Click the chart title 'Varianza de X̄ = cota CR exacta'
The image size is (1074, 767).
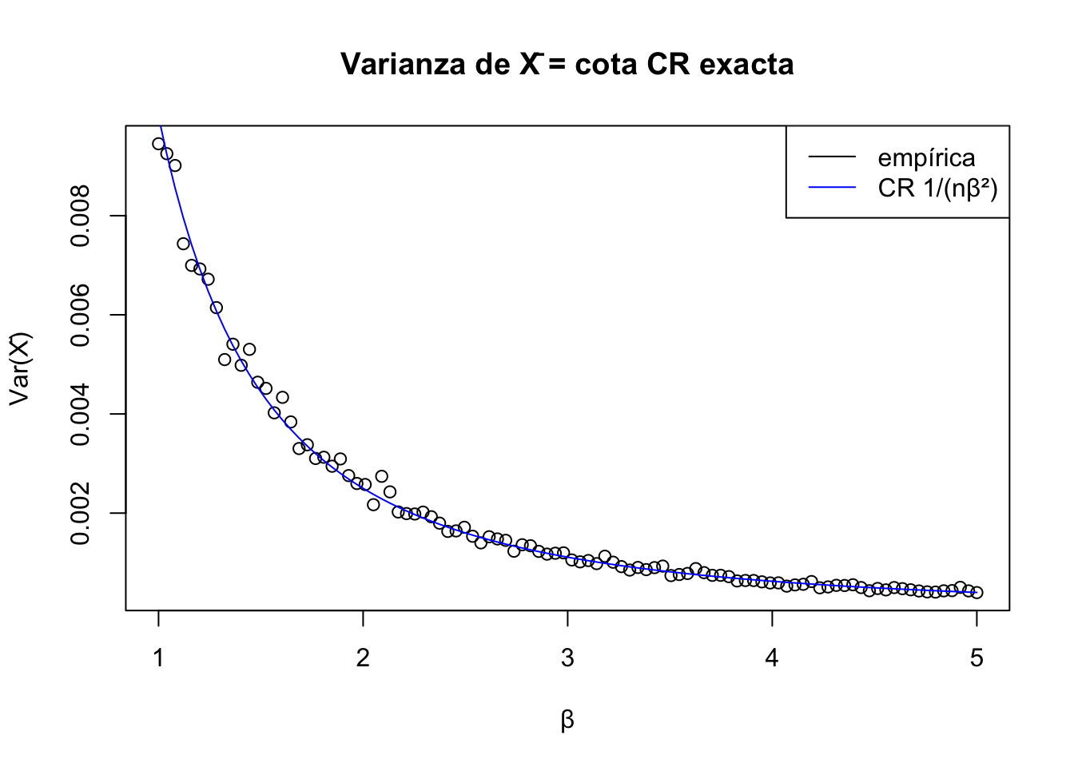567,64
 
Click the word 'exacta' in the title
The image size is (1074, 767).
747,64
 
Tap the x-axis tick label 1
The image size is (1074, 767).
158,658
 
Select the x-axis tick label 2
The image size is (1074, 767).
363,658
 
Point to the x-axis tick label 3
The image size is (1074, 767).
567,658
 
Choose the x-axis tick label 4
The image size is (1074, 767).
772,658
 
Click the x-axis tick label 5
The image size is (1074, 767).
977,658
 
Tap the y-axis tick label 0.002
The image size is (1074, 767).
81,513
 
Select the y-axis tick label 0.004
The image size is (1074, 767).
81,414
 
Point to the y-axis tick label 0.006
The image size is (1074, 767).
81,315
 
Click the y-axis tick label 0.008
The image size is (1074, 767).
81,216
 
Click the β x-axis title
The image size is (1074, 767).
567,721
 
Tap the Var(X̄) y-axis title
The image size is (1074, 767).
20,368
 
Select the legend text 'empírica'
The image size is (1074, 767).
926,158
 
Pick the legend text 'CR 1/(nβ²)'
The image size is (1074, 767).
937,188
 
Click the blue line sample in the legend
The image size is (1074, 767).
831,188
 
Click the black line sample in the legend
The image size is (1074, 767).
831,157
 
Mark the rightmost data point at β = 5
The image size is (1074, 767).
977,592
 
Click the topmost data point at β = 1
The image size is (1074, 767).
158,144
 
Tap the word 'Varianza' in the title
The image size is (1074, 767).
404,64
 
